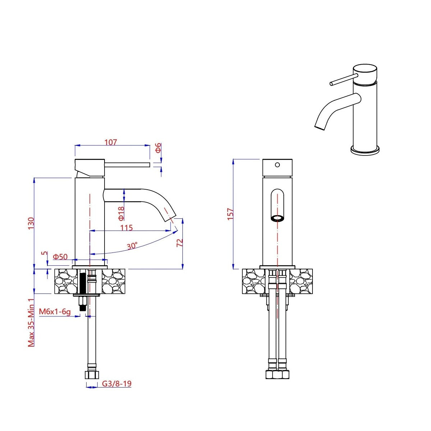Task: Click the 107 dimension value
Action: pyautogui.click(x=111, y=142)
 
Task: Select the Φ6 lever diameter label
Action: pyautogui.click(x=158, y=148)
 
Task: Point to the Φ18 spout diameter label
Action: pyautogui.click(x=121, y=213)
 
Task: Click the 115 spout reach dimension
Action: pyautogui.click(x=126, y=228)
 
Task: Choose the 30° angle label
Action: pyautogui.click(x=132, y=246)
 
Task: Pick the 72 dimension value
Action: pyautogui.click(x=180, y=242)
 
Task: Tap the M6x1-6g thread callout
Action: pyautogui.click(x=55, y=311)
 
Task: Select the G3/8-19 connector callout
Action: pyautogui.click(x=117, y=384)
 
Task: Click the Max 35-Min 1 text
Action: pyautogui.click(x=32, y=322)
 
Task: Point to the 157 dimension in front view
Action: pyautogui.click(x=231, y=214)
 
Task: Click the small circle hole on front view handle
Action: pyautogui.click(x=277, y=165)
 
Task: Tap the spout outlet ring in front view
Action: pyautogui.click(x=277, y=218)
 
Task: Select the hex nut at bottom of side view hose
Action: pyautogui.click(x=92, y=375)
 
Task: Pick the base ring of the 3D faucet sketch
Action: pyautogui.click(x=365, y=150)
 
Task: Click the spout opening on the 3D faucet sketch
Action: pyautogui.click(x=320, y=127)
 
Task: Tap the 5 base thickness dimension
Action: pyautogui.click(x=44, y=253)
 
